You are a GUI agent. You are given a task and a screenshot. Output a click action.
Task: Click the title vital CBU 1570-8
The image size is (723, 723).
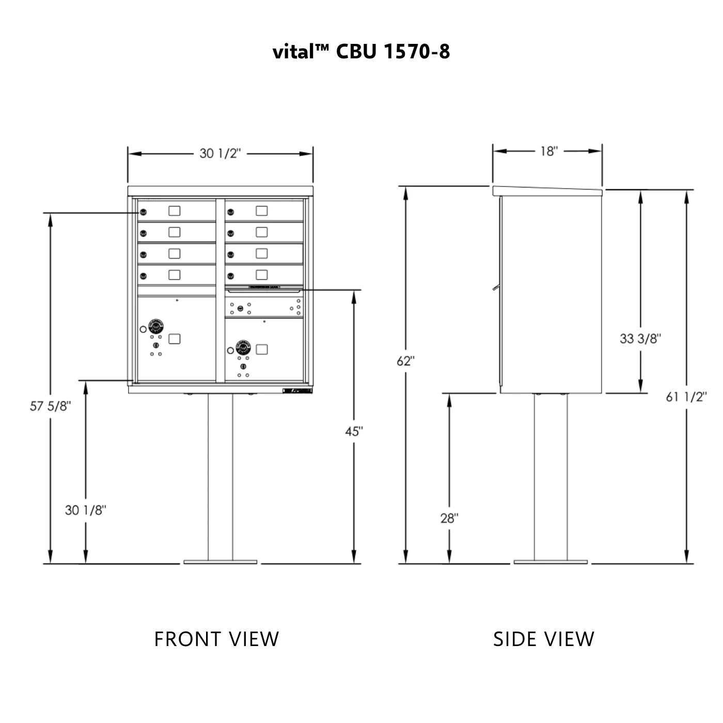point(361,51)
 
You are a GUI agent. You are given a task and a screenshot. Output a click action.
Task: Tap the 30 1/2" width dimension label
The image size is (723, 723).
point(221,153)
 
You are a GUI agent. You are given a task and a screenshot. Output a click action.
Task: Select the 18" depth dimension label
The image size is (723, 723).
point(548,151)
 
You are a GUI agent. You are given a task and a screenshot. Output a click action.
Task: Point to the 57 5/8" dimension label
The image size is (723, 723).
point(50,406)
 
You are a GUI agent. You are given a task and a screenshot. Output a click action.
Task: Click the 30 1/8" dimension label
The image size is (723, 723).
point(85,510)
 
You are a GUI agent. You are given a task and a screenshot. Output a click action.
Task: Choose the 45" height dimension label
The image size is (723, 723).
point(354,431)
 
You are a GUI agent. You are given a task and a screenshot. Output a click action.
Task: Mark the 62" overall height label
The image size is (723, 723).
point(406,361)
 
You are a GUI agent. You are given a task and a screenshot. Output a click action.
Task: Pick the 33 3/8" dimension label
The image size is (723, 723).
point(640,338)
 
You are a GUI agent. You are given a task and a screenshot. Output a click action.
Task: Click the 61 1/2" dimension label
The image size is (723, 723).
point(686,397)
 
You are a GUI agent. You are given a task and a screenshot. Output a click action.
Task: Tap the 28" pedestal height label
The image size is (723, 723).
point(449,517)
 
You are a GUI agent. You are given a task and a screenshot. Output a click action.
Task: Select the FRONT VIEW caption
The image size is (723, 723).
point(216,639)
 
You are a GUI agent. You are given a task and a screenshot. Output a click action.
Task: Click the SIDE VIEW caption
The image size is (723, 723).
point(543,639)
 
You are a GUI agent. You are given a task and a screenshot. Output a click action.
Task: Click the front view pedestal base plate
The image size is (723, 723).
point(220,561)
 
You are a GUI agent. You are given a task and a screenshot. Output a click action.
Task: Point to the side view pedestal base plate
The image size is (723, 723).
point(550,561)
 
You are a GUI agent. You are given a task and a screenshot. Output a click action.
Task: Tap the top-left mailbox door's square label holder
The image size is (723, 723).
point(175,211)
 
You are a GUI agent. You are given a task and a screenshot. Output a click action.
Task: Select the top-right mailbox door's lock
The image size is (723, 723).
point(231,212)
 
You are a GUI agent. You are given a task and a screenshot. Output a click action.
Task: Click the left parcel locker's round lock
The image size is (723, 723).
point(156,326)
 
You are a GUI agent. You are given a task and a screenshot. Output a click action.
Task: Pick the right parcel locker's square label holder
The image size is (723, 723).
point(262,349)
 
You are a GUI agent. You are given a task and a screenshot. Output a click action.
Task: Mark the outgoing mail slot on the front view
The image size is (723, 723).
point(264,291)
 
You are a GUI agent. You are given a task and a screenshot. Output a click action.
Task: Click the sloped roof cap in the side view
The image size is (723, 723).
point(547,191)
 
